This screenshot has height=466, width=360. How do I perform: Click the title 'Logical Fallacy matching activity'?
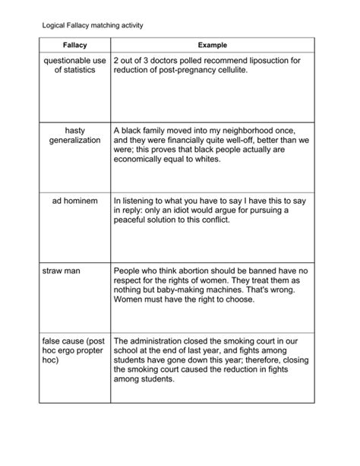pyautogui.click(x=92, y=26)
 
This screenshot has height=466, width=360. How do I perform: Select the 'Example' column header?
pyautogui.click(x=212, y=46)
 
